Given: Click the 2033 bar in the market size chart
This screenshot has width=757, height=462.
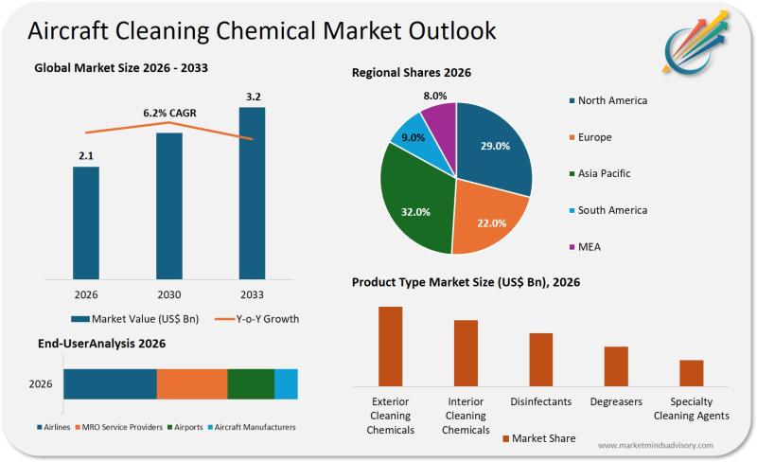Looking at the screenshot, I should [252, 193].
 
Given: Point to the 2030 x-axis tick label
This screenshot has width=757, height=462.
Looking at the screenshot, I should [168, 293].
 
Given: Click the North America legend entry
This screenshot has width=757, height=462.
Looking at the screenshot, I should [611, 100].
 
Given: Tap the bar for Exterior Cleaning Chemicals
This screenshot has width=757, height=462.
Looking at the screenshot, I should [390, 346].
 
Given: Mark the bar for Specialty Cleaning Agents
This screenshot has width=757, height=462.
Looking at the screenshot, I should [692, 373].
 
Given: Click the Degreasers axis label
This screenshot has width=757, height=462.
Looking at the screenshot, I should [616, 401].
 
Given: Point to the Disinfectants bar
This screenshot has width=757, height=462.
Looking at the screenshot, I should [540, 359].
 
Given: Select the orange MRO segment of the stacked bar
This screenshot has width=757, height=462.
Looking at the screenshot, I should [192, 383].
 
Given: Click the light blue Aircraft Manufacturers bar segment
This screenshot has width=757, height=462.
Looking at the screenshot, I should [286, 383].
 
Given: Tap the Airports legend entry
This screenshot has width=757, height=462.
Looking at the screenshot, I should [187, 427].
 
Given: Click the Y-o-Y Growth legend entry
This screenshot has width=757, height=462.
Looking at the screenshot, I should [257, 319].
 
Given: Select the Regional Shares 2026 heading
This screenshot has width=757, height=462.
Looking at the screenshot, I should [412, 72].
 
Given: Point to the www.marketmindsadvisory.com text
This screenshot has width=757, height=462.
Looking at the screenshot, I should [654, 444].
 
